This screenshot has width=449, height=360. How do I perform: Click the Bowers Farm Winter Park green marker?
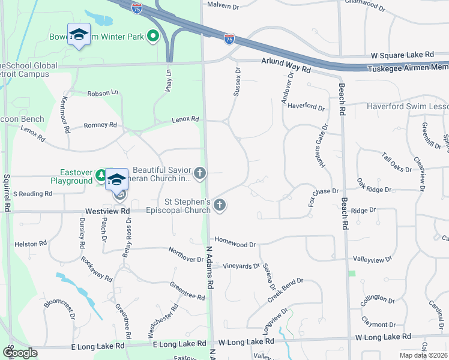click(152, 37)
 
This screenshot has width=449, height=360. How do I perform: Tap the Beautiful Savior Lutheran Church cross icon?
click(200, 174)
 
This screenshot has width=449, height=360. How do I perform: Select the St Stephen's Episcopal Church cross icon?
click(220, 206)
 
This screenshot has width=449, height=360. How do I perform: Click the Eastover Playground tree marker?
click(100, 176)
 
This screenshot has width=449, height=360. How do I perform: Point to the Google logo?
click(20, 352)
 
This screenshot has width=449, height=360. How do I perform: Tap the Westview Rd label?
click(107, 211)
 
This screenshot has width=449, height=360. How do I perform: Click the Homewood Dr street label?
click(236, 245)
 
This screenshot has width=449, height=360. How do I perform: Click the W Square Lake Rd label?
click(402, 54)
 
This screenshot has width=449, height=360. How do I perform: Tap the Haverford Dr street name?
click(306, 108)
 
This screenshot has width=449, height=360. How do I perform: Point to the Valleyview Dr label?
click(372, 259)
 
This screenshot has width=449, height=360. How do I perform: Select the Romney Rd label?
click(100, 126)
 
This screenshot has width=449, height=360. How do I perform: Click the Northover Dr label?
click(186, 255)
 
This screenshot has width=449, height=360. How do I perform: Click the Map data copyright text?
click(424, 355)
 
